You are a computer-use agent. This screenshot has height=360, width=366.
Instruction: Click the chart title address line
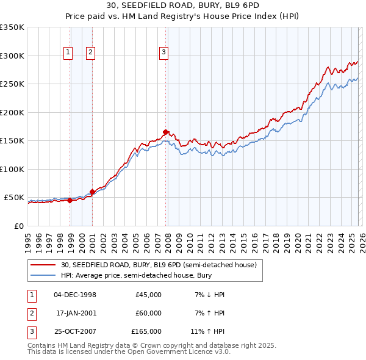pos(182,5)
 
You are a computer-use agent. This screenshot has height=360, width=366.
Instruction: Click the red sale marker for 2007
pos(166,131)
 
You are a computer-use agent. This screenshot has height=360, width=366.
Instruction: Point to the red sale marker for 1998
pos(70,200)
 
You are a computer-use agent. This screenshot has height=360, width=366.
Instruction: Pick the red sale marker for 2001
pos(93,192)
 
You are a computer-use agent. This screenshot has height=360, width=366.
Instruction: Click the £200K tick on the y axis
pos(12,112)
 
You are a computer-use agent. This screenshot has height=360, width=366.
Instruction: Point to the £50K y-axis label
pos(14,198)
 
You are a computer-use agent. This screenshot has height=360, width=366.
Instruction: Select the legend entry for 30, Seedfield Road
pos(162,265)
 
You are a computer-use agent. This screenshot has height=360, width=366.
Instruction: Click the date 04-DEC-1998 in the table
pos(75,295)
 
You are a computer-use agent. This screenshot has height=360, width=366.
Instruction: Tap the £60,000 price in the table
pos(148,313)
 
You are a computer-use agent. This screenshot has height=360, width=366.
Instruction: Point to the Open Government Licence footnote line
pos(129,352)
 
